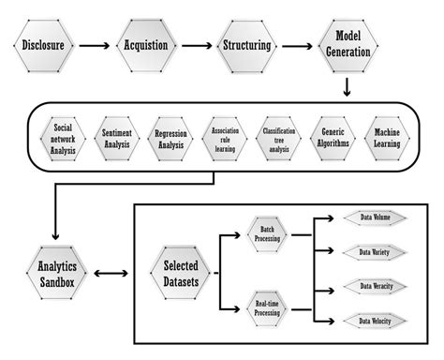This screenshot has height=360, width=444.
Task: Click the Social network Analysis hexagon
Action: click(64, 137)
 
